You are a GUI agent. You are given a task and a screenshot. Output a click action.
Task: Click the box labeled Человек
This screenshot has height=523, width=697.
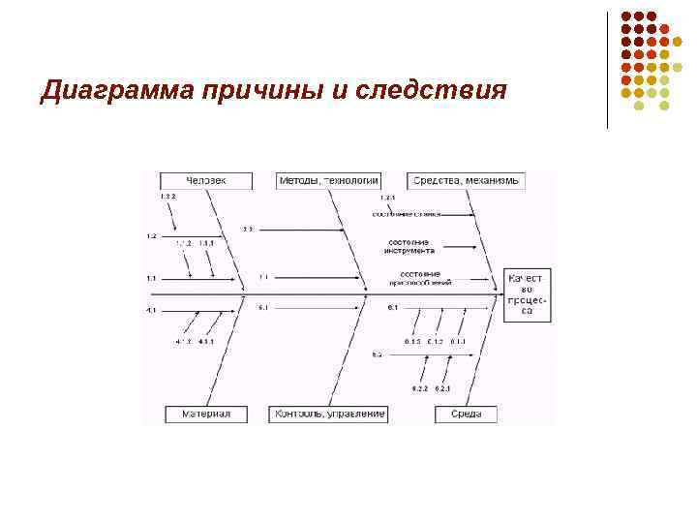(x=206, y=180)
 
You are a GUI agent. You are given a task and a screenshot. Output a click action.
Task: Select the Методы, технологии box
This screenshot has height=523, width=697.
(x=328, y=180)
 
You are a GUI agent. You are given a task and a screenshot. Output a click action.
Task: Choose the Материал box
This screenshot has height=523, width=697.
(x=206, y=414)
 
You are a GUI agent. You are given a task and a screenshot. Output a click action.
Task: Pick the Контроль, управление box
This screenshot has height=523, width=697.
(x=330, y=414)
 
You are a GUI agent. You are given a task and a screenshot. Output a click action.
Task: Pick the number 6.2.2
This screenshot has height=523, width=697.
(x=419, y=388)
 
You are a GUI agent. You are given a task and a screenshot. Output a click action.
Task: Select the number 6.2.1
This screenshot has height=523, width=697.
(x=443, y=388)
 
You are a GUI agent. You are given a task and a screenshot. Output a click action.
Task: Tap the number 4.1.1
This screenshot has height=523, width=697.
(x=207, y=342)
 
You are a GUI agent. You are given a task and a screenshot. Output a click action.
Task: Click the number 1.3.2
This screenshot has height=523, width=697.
(x=168, y=196)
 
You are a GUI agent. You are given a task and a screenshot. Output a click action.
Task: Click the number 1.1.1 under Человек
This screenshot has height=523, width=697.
(x=207, y=243)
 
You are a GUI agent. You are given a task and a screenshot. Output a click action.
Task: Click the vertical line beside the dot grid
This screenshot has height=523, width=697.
(x=607, y=70)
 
